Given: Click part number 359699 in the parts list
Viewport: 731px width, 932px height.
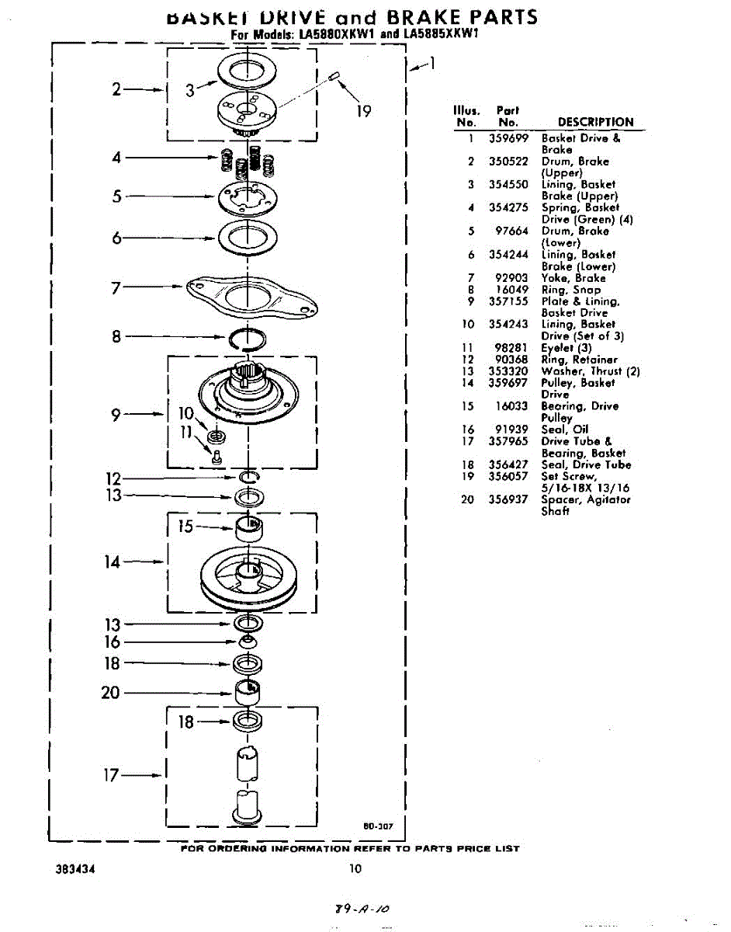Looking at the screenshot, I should [508, 138].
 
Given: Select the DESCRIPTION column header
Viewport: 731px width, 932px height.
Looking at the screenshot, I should [595, 123].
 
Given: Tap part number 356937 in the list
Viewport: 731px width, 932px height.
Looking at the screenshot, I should [508, 499].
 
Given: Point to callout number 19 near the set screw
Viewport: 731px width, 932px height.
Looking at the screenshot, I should [364, 111].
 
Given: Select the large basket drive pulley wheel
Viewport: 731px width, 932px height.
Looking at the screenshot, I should [247, 579].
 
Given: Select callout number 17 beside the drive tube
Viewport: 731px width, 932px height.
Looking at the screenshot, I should [111, 775].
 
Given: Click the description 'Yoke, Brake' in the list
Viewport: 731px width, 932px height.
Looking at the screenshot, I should [573, 278].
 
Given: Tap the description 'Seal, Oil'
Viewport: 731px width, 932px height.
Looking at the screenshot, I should [565, 429].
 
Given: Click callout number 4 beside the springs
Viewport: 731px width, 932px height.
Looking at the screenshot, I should [116, 158].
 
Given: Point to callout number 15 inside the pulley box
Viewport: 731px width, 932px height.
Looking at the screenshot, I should [185, 527].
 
